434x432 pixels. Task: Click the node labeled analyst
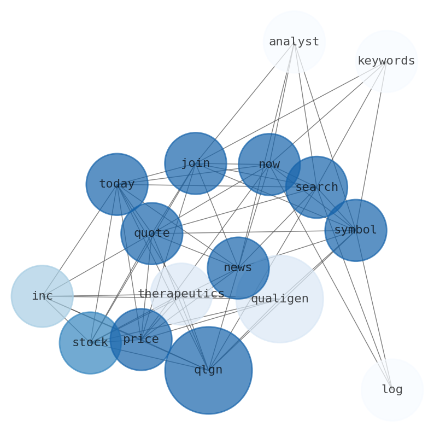pyautogui.click(x=294, y=42)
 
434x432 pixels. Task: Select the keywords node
pyautogui.click(x=386, y=61)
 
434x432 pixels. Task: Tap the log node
pyautogui.click(x=391, y=389)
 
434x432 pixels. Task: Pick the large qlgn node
pyautogui.click(x=208, y=370)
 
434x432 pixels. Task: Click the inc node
pyautogui.click(x=42, y=296)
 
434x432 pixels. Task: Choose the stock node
pyautogui.click(x=90, y=342)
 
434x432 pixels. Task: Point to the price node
pyautogui.click(x=141, y=339)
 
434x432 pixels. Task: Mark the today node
pyautogui.click(x=117, y=184)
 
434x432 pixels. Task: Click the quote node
pyautogui.click(x=151, y=233)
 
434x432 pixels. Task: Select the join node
pyautogui.click(x=195, y=163)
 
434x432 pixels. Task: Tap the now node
pyautogui.click(x=269, y=164)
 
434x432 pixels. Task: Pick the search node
pyautogui.click(x=316, y=187)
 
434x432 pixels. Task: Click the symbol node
pyautogui.click(x=355, y=230)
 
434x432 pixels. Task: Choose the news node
pyautogui.click(x=238, y=267)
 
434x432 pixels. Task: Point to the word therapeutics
pyautogui.click(x=181, y=294)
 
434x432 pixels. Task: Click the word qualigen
pyautogui.click(x=279, y=299)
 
